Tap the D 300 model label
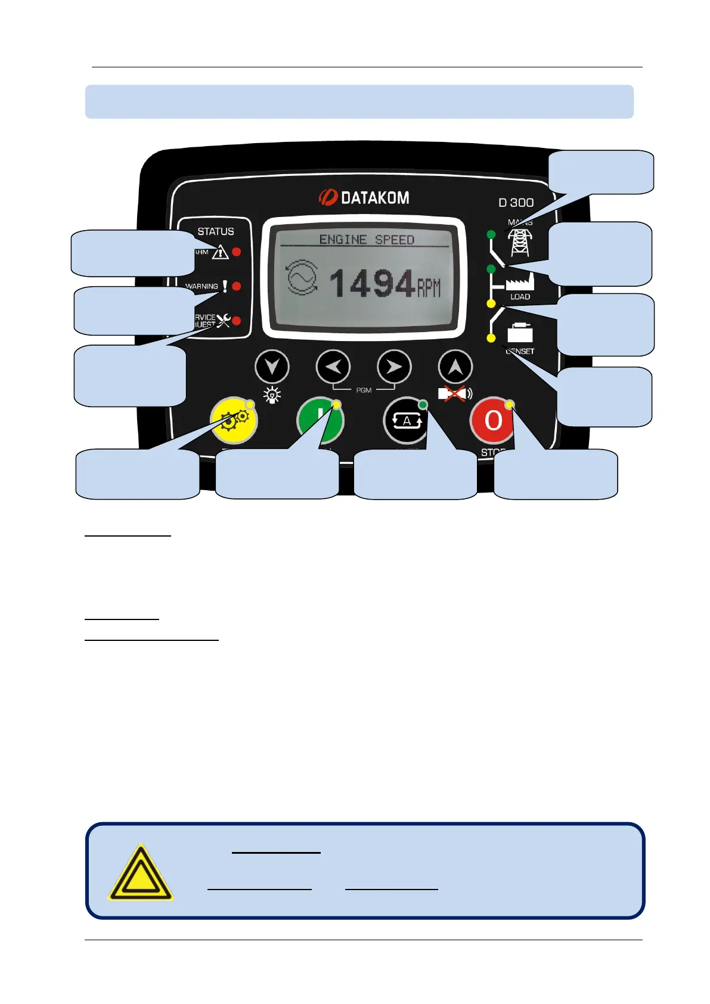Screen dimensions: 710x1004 click(516, 203)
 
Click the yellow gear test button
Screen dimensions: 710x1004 click(234, 421)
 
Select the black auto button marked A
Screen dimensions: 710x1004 click(405, 421)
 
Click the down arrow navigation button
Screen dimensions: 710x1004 click(272, 367)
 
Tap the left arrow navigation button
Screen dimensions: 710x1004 click(333, 367)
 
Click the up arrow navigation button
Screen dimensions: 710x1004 click(455, 367)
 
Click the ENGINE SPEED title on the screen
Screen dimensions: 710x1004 click(366, 240)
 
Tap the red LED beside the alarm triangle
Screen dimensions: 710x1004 click(237, 252)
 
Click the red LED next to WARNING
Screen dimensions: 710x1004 click(237, 286)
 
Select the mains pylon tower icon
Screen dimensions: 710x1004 click(520, 241)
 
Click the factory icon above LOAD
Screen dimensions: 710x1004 click(520, 281)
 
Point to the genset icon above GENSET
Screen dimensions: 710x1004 click(520, 333)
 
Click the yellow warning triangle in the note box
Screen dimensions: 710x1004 click(140, 872)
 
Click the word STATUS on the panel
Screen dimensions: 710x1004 click(216, 231)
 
